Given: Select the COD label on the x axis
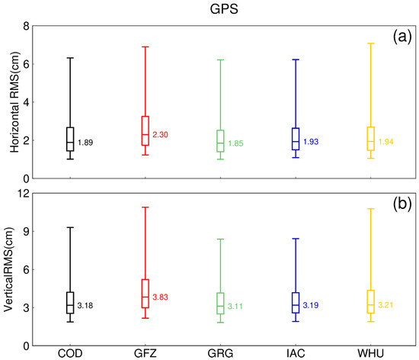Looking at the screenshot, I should tap(70, 354).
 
